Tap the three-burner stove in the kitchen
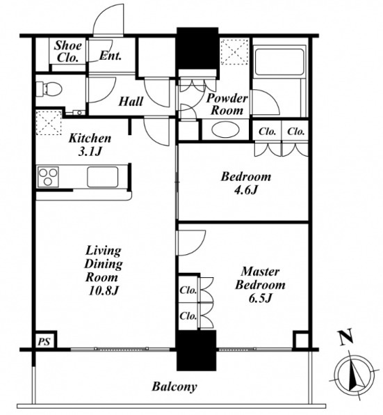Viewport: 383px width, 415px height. (x=48, y=177)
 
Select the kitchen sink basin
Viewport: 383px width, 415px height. (x=103, y=177)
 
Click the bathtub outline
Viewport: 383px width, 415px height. (x=279, y=61)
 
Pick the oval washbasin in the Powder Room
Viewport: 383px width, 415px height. (x=226, y=130)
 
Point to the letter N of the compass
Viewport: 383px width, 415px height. (x=346, y=336)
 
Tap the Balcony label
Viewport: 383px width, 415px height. (x=174, y=386)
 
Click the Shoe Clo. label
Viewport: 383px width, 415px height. (x=68, y=52)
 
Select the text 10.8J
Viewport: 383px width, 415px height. (x=104, y=291)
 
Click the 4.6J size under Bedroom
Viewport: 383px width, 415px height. (x=245, y=190)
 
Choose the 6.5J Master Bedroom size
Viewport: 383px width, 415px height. (x=261, y=298)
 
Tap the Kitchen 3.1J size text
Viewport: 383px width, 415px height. (x=90, y=152)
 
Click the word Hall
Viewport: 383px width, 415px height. (x=131, y=102)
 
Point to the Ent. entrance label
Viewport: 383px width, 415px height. (x=111, y=56)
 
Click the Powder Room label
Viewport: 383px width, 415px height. (x=227, y=104)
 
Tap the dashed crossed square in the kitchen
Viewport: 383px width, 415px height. (x=49, y=123)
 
